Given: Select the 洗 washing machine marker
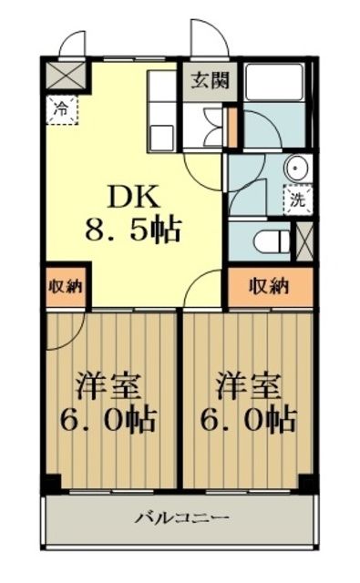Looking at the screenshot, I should point(298,199).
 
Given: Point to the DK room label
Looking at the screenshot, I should point(135,196).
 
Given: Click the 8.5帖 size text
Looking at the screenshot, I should point(135,229).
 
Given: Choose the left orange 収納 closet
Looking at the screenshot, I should point(65,285).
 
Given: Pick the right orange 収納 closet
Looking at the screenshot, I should point(270,285).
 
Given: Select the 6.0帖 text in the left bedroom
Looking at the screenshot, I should point(108,420).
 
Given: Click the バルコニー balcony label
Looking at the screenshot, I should point(182,518).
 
